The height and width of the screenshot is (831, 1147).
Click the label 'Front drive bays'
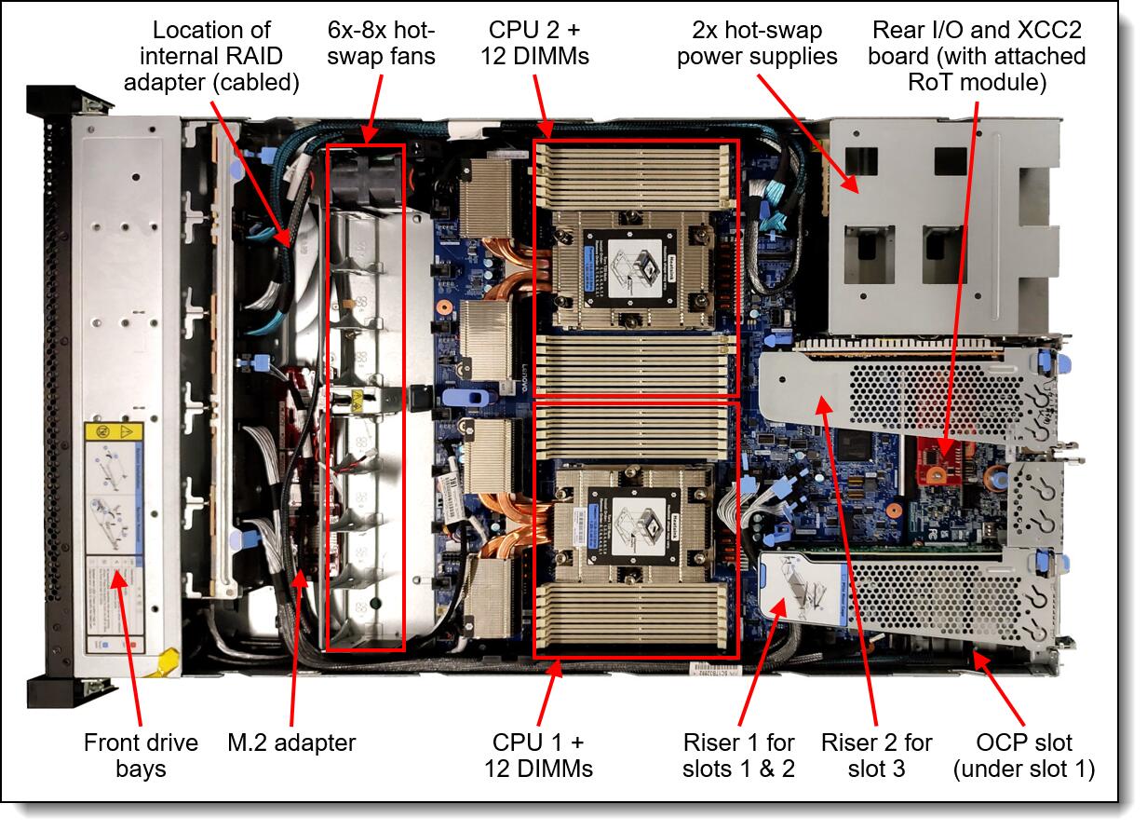click(x=141, y=755)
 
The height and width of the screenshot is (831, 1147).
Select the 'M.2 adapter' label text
click(x=290, y=742)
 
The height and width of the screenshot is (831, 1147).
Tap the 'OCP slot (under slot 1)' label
click(x=1024, y=756)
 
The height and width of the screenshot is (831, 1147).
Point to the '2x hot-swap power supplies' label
click(x=757, y=44)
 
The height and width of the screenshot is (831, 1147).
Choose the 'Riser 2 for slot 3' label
click(x=876, y=755)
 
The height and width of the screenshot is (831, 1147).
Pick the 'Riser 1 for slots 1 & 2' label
click(x=738, y=755)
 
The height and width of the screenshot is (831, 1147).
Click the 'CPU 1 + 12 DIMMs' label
click(x=538, y=755)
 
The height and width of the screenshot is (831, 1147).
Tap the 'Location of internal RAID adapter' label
click(x=225, y=56)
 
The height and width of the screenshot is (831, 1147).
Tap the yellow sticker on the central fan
click(x=357, y=402)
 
